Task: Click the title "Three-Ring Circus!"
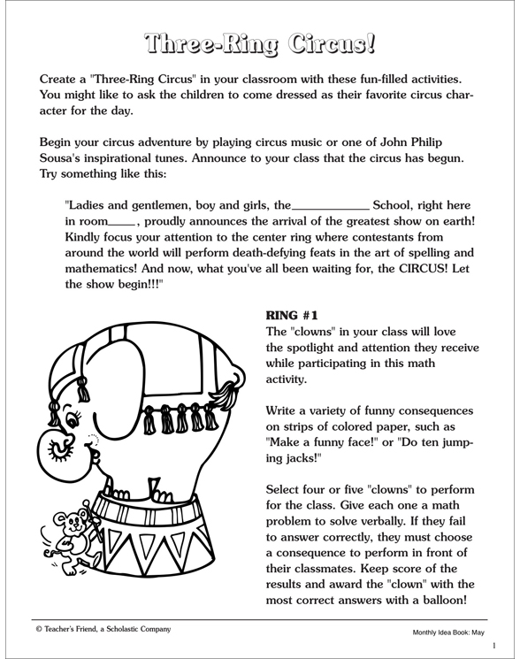(x=259, y=41)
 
